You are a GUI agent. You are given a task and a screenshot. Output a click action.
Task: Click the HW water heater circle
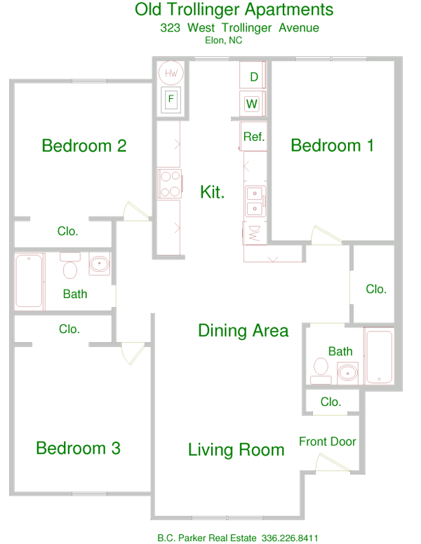171,72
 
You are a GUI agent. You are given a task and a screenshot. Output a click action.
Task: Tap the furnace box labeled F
171,100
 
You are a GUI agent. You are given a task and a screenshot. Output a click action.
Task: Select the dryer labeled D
253,76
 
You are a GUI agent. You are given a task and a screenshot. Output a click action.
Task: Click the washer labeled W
252,104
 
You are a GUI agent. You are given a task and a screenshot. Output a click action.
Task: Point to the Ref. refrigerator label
253,137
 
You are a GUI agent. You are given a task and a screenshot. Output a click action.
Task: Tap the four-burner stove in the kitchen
169,184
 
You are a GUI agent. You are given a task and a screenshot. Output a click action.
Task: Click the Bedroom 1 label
332,145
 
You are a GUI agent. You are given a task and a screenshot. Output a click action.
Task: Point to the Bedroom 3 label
78,447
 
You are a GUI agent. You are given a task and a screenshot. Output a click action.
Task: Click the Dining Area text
243,330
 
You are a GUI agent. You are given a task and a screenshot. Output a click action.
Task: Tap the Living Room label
236,449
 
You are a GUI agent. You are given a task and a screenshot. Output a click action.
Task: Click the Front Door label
327,442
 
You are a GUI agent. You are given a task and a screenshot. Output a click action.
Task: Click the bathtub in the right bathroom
380,356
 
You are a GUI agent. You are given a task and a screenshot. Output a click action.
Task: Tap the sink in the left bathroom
99,266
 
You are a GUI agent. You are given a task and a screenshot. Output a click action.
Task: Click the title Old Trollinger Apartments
234,10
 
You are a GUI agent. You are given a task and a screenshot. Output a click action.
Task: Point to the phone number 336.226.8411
290,538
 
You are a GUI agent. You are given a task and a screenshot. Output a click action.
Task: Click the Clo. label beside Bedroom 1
376,288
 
